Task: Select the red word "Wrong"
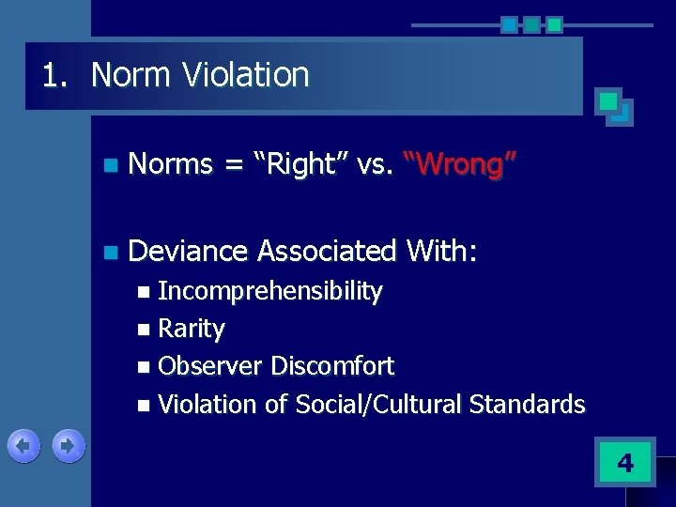(460, 164)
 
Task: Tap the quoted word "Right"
(302, 164)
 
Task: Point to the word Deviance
(187, 251)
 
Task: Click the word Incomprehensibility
(270, 292)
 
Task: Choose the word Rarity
(192, 329)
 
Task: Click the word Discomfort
(332, 366)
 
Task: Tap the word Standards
(527, 405)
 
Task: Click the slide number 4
(624, 462)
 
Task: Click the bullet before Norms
(111, 166)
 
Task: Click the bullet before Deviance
(111, 253)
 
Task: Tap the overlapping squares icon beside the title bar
(614, 107)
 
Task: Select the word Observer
(210, 366)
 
